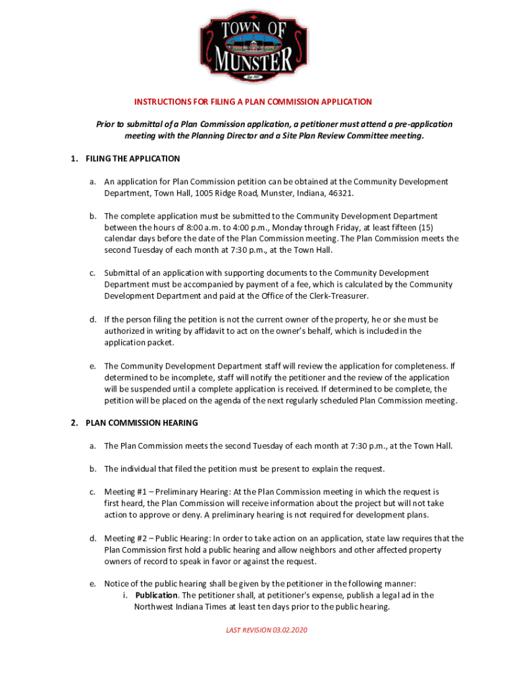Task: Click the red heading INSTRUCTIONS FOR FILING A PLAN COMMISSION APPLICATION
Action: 253,102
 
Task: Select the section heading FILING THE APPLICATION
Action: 132,159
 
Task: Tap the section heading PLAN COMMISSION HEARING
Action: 142,423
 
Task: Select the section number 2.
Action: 74,423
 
